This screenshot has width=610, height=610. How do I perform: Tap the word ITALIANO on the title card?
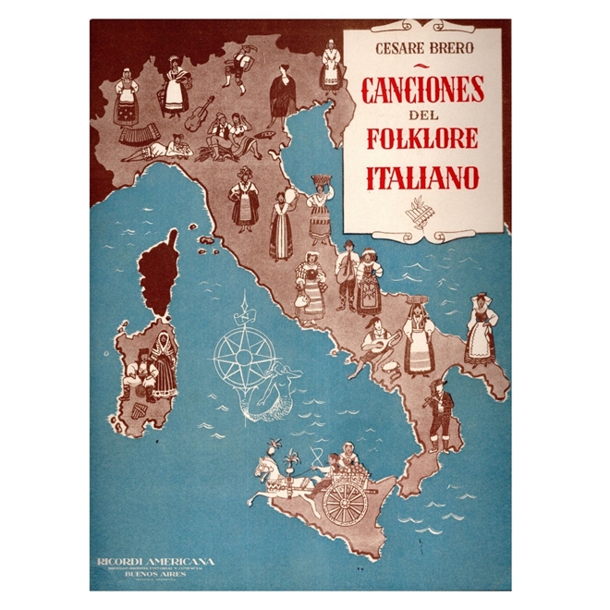pyautogui.click(x=421, y=177)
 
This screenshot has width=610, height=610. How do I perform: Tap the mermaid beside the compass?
pyautogui.click(x=270, y=388)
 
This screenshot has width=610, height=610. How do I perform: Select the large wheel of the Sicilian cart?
pyautogui.click(x=344, y=498)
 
